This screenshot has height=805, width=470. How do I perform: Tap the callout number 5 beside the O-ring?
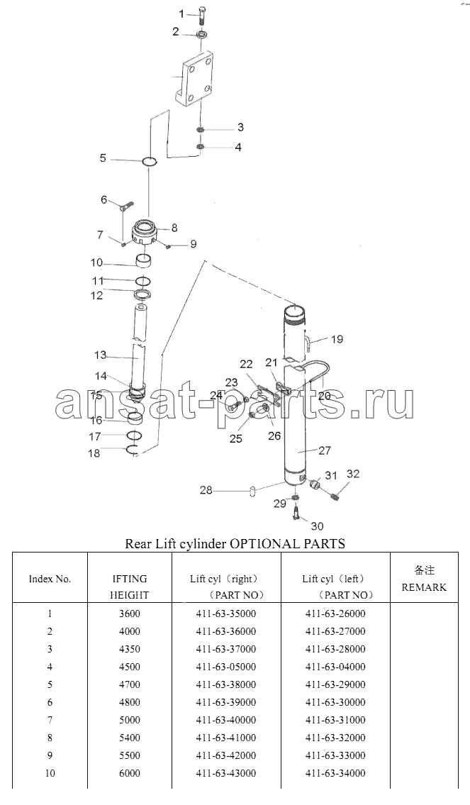click(x=103, y=158)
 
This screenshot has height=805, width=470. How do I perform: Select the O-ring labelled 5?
click(x=150, y=162)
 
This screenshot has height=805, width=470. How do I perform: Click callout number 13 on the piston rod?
click(x=100, y=355)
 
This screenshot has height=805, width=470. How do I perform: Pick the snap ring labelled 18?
click(x=133, y=450)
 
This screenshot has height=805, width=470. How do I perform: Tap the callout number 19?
click(x=337, y=339)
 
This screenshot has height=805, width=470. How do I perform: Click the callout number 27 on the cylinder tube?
click(x=324, y=451)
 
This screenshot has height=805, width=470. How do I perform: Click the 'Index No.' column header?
click(x=50, y=579)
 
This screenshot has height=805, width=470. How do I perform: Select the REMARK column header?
click(x=424, y=587)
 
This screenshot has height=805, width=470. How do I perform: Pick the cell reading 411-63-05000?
click(x=225, y=667)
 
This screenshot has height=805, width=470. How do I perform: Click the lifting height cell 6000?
click(x=129, y=773)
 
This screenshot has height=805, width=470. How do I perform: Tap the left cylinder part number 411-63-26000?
click(x=335, y=614)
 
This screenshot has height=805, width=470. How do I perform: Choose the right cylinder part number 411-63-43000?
click(x=225, y=773)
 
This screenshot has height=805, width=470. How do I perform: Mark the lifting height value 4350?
click(x=129, y=649)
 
